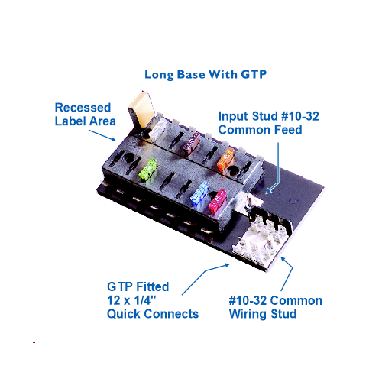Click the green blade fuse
coord(147,169)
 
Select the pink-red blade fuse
coord(218,202)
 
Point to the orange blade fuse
coord(226,159)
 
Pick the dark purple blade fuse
coord(192,143)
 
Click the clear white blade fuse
coord(157,129)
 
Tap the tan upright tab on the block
coord(141,109)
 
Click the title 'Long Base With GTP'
coord(206,75)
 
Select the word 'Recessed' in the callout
coord(83,108)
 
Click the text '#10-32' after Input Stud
coord(300,116)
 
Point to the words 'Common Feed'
coord(260,130)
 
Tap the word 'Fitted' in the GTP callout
coord(154,286)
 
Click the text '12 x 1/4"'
coord(131,300)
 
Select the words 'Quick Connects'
coord(153,314)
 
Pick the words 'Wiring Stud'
coord(263,314)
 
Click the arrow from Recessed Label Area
coord(102,135)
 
